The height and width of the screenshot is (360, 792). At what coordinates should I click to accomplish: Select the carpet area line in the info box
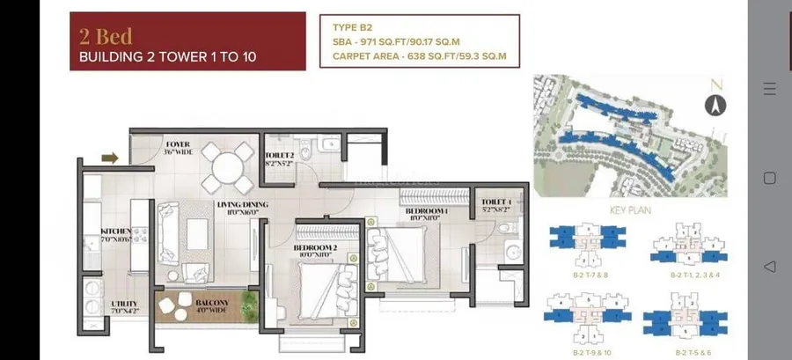420,56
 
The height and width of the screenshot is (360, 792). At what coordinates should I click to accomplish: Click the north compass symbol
715,105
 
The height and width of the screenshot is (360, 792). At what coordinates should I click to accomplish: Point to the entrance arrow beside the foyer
110,158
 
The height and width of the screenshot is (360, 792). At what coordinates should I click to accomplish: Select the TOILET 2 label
280,158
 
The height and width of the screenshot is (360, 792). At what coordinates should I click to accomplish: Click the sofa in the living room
171,230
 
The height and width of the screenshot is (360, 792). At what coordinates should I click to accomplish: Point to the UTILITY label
124,305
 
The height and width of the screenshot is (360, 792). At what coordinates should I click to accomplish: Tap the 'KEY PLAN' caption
629,211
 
